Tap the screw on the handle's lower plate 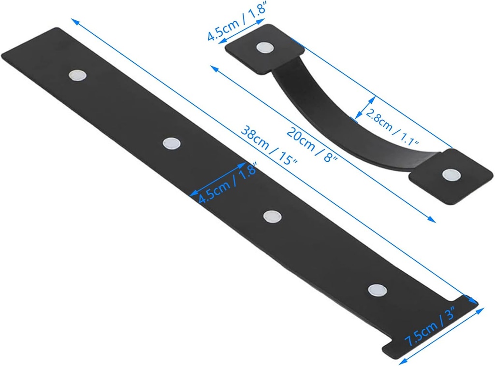pyautogui.click(x=451, y=174)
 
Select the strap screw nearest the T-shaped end pyautogui.click(x=377, y=290)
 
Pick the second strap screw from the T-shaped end pyautogui.click(x=273, y=216)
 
